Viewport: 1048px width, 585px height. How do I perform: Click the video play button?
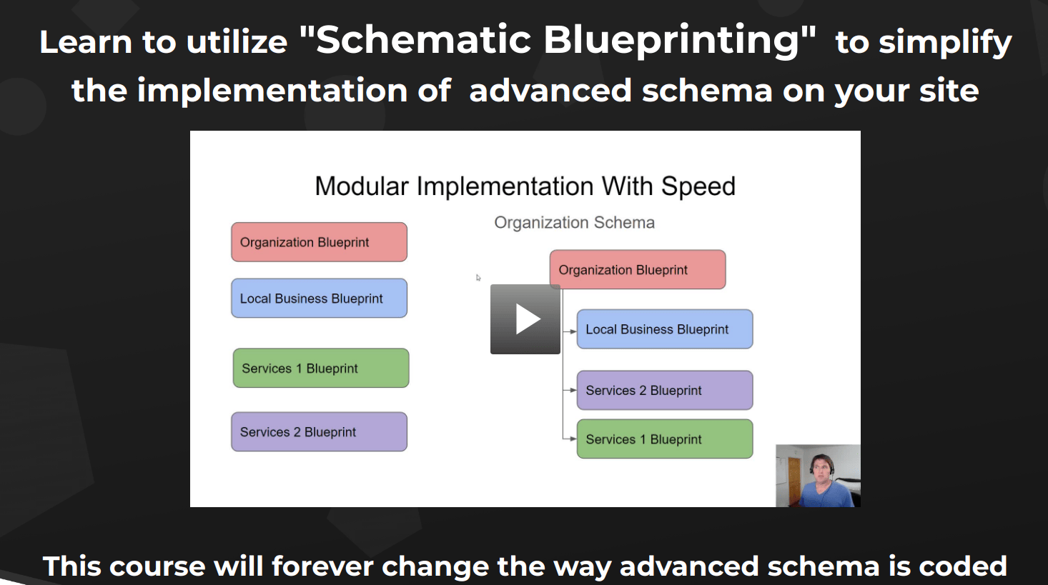point(525,319)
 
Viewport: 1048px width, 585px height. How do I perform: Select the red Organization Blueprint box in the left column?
point(319,241)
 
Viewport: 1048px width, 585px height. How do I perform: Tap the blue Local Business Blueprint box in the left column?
point(319,298)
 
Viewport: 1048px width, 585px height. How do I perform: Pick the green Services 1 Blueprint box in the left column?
point(321,368)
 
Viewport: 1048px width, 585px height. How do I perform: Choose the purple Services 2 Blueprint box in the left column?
point(319,431)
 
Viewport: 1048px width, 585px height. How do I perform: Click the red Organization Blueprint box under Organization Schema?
point(638,269)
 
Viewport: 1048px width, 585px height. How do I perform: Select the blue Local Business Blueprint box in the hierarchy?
point(665,329)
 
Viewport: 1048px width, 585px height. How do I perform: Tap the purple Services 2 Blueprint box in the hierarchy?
point(665,390)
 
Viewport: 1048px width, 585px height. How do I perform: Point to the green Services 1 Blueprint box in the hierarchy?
point(665,439)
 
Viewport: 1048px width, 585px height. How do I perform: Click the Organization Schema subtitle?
point(574,223)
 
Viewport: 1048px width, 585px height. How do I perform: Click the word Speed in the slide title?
point(698,186)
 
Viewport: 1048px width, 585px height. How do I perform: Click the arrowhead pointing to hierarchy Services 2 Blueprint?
point(573,390)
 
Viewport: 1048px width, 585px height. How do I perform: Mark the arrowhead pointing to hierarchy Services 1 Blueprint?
point(573,439)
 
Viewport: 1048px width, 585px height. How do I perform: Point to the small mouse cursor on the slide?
point(478,278)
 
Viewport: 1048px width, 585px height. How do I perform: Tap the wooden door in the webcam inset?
point(794,481)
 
